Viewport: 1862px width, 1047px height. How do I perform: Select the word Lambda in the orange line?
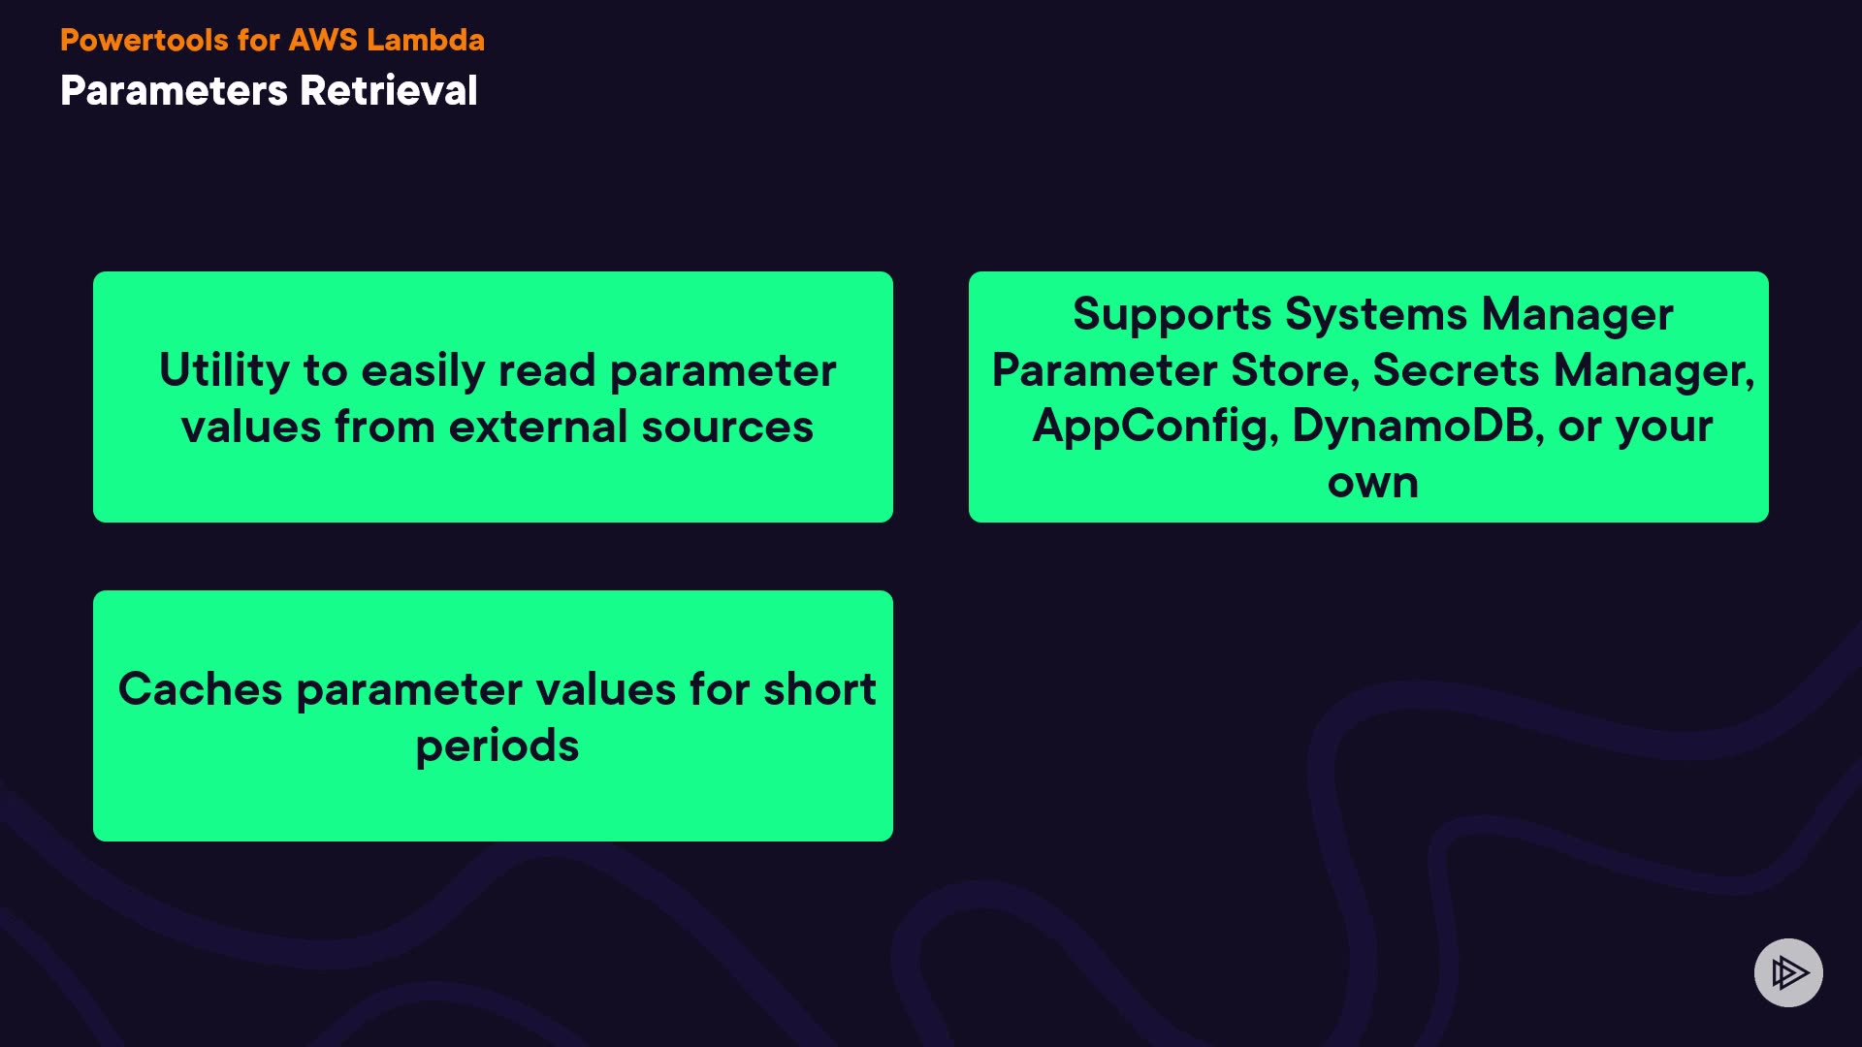(x=426, y=40)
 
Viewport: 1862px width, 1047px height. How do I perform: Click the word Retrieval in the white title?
(x=389, y=90)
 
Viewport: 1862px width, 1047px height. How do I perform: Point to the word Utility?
(x=224, y=371)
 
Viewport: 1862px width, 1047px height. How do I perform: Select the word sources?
(x=727, y=428)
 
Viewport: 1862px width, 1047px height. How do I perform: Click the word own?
(x=1372, y=483)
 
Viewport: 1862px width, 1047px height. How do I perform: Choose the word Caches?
(x=201, y=689)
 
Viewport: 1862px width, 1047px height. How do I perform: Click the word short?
(x=819, y=689)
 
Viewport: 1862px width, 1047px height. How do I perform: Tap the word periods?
(x=497, y=746)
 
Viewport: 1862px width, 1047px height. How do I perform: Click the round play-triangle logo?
(x=1788, y=972)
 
